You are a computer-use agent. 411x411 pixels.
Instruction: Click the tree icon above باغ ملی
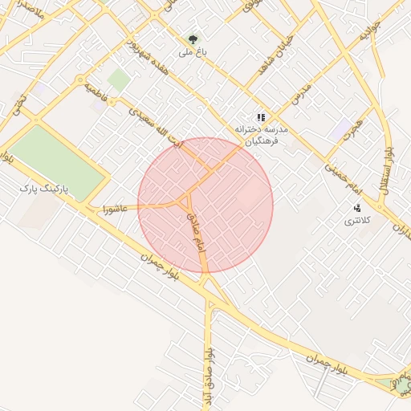192,38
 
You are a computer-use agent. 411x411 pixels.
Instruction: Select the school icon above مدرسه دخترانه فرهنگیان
260,117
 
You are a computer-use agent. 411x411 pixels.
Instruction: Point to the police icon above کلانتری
357,208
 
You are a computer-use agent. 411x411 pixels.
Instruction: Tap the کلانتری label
355,220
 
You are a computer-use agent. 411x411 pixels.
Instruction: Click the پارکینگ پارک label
45,188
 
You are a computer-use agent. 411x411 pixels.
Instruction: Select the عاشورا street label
115,209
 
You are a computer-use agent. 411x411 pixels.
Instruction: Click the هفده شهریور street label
152,57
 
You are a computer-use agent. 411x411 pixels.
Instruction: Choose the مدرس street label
301,96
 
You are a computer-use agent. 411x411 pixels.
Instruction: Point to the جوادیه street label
368,32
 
